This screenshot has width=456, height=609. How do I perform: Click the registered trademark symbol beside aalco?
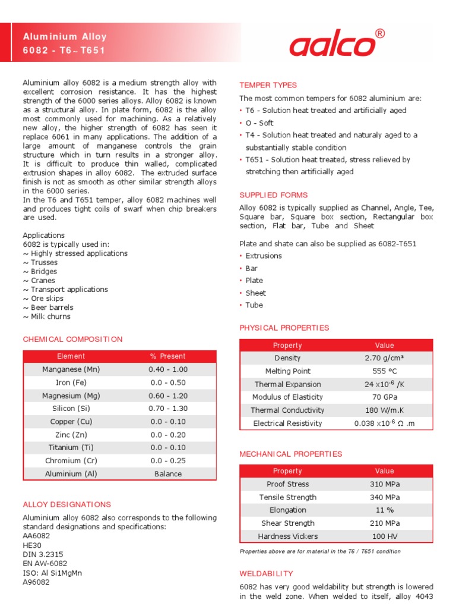[379, 33]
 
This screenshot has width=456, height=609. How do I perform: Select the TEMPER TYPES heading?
[268, 85]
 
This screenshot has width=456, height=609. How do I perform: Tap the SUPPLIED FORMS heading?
[273, 195]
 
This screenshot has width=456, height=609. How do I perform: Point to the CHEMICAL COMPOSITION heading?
[72, 340]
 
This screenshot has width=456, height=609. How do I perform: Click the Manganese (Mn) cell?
[71, 369]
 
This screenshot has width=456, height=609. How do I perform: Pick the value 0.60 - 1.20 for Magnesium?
[168, 395]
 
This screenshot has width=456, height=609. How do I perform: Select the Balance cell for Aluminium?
[168, 474]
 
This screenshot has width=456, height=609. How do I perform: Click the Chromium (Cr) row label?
[71, 461]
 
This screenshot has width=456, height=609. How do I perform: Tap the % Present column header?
[168, 356]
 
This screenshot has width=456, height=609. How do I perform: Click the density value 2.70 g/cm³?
[384, 358]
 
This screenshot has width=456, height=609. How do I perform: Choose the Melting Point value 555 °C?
[384, 371]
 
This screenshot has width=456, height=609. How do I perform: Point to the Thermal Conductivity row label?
[287, 410]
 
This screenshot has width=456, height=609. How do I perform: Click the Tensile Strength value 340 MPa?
[384, 497]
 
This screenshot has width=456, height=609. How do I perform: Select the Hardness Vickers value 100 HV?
[384, 536]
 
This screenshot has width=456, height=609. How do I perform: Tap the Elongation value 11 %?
[384, 510]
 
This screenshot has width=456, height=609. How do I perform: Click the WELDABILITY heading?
[266, 574]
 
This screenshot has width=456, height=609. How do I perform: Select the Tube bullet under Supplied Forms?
[254, 305]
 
